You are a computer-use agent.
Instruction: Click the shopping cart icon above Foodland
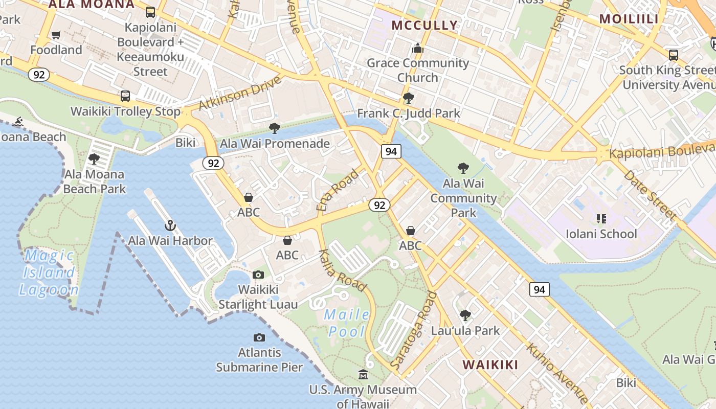pyautogui.click(x=56, y=35)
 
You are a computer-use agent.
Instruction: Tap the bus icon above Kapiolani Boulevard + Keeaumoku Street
pyautogui.click(x=150, y=12)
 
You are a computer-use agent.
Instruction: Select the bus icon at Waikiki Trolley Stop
pyautogui.click(x=125, y=96)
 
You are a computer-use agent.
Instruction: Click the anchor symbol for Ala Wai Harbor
pyautogui.click(x=170, y=225)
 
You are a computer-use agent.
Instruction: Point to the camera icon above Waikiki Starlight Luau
pyautogui.click(x=258, y=275)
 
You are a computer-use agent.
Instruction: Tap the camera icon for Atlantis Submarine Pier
pyautogui.click(x=259, y=337)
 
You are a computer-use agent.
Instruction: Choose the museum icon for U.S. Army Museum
pyautogui.click(x=363, y=375)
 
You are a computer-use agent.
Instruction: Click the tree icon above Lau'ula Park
pyautogui.click(x=465, y=315)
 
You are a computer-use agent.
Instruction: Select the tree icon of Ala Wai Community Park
pyautogui.click(x=463, y=168)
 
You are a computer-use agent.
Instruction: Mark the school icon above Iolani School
pyautogui.click(x=601, y=219)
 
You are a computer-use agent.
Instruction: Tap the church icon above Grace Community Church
pyautogui.click(x=418, y=48)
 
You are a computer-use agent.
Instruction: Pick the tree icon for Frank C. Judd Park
pyautogui.click(x=408, y=98)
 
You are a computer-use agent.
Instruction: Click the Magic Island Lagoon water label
pyautogui.click(x=49, y=272)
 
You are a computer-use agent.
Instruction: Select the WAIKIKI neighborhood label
pyautogui.click(x=490, y=365)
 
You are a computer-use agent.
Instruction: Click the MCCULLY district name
pyautogui.click(x=424, y=25)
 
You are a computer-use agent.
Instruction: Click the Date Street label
pyautogui.click(x=650, y=195)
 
